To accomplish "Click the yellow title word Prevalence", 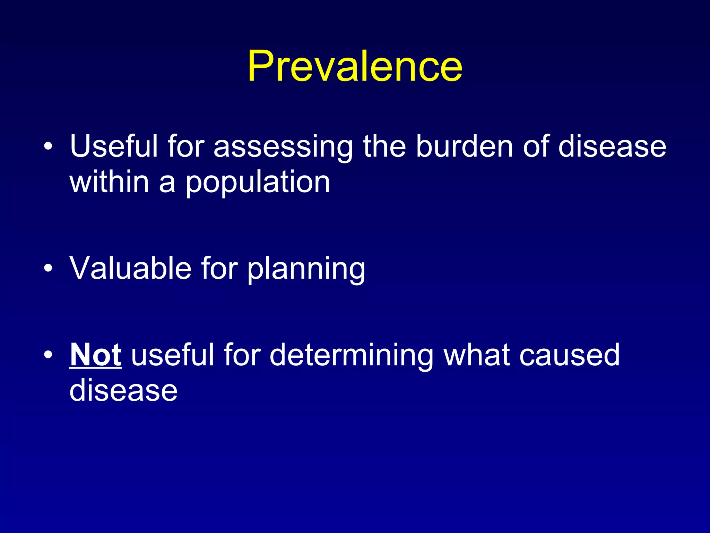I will (355, 66).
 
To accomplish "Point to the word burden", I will (464, 146).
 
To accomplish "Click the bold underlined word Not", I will (96, 355).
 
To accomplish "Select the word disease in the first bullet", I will (612, 146).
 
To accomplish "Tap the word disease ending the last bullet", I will (123, 390).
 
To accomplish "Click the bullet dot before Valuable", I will (49, 268).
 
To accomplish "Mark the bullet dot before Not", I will (49, 355).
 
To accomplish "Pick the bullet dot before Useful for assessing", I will (49, 146).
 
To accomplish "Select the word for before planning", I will (219, 268).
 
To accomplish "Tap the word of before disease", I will (536, 146).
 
